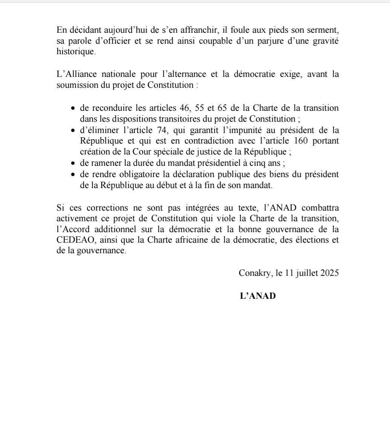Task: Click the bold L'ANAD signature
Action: [258, 296]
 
